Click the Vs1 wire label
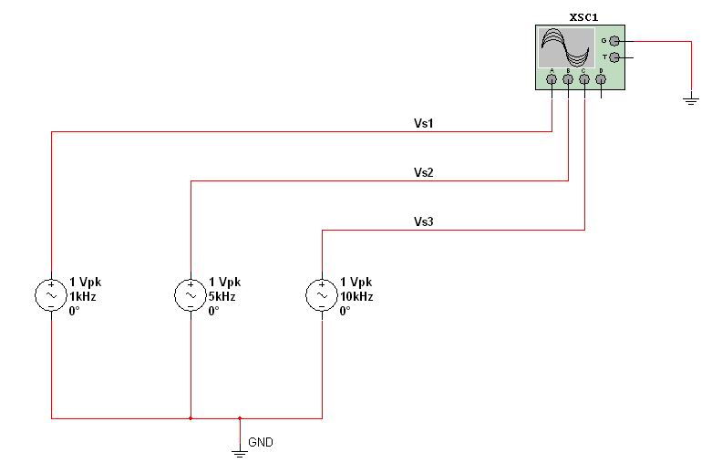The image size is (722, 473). coord(424,123)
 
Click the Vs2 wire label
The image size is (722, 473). coord(424,172)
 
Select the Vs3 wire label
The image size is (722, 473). coord(424,221)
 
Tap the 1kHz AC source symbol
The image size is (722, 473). coord(51,295)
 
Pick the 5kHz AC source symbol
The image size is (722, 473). coord(191,295)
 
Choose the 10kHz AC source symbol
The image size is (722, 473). coord(322,295)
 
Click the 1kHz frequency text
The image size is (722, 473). coord(82,297)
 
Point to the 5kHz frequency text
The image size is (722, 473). coord(222,297)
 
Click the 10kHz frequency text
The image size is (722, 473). coord(356,297)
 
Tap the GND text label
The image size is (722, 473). coord(261,442)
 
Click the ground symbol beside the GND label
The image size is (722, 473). coord(240,454)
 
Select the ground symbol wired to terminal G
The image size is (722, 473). coord(691,100)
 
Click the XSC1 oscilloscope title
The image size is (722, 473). coord(583,17)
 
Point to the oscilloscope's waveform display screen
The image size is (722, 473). coord(566,48)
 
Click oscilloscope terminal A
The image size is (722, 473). coord(552,79)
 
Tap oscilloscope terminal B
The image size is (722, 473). coord(568,79)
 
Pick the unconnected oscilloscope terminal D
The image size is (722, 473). coord(601,79)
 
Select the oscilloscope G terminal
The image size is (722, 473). coord(614,41)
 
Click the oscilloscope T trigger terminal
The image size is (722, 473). coord(614,57)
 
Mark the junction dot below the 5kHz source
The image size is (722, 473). coord(191,418)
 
